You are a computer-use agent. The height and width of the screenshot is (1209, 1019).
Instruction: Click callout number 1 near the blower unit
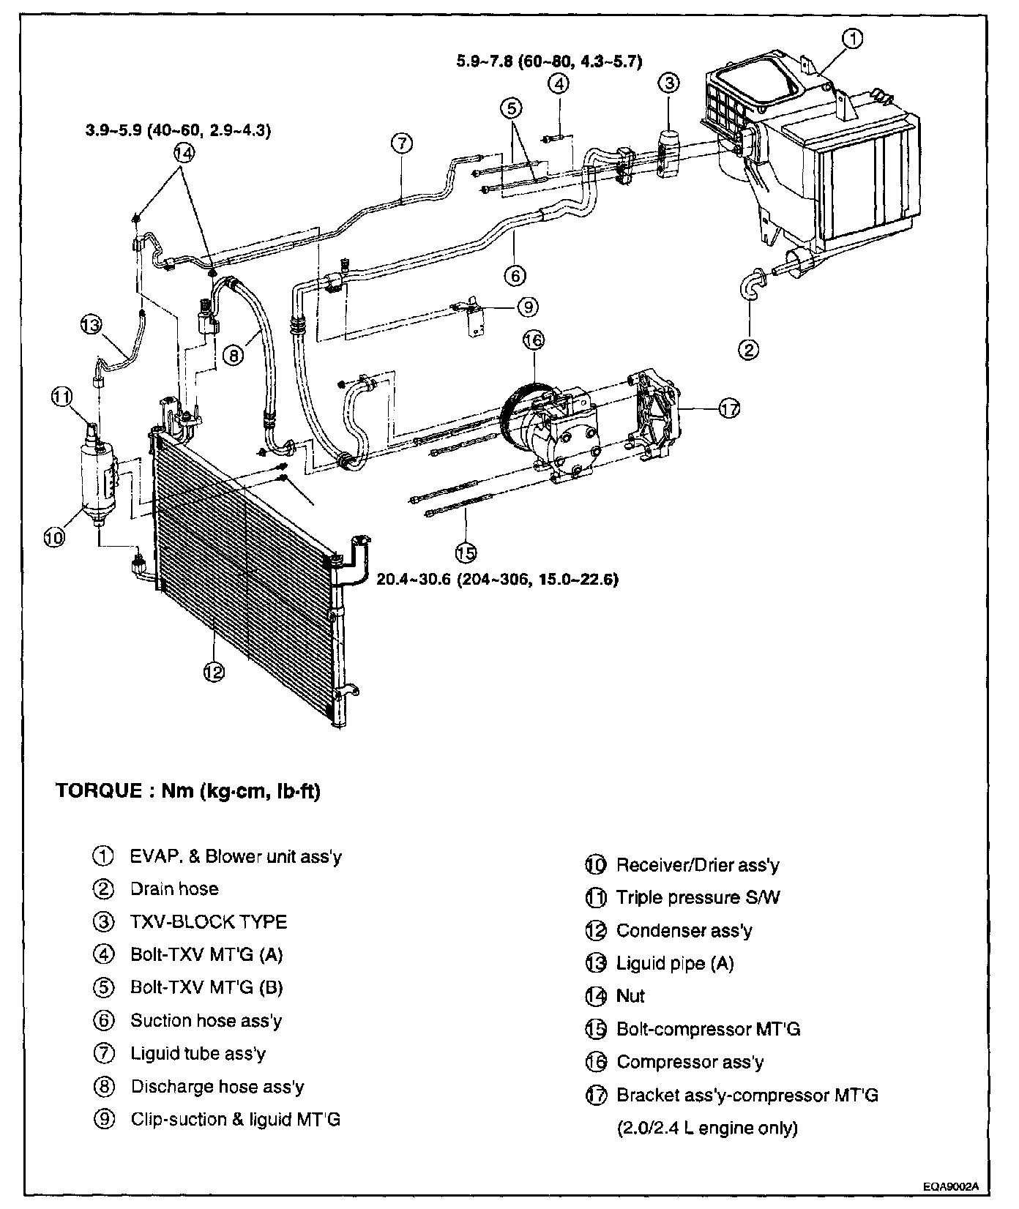click(x=854, y=40)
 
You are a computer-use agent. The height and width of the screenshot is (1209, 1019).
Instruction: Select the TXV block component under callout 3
click(x=668, y=153)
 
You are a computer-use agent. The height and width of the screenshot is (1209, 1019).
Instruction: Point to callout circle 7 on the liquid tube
click(x=402, y=143)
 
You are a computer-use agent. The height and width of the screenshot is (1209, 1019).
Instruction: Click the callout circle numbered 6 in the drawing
click(x=515, y=275)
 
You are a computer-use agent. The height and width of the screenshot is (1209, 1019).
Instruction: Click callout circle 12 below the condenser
click(x=213, y=671)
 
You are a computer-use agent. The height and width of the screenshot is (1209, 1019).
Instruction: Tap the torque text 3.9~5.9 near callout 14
click(x=178, y=131)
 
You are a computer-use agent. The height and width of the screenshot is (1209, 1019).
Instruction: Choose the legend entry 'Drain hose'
click(x=174, y=889)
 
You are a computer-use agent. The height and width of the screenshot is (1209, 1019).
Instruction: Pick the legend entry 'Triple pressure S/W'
click(x=698, y=898)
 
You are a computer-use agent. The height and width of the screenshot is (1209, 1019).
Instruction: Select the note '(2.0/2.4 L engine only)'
click(x=706, y=1128)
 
